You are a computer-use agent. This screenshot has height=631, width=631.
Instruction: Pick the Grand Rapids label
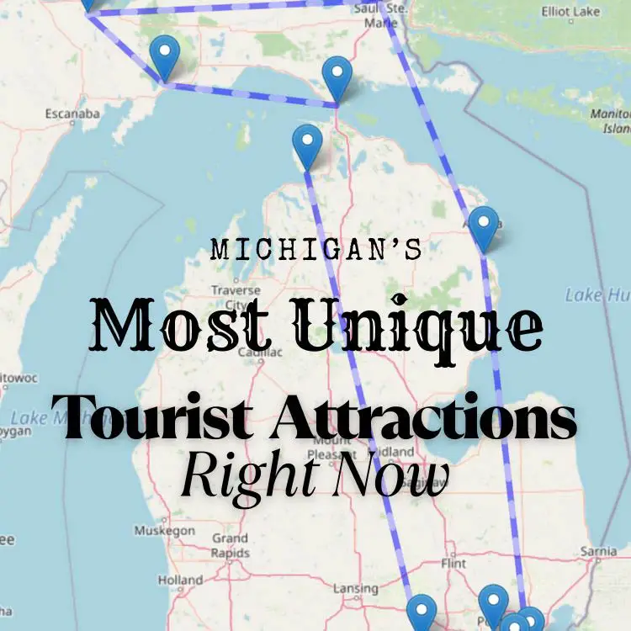point(230,545)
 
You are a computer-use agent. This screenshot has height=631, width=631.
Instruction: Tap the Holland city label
point(180,580)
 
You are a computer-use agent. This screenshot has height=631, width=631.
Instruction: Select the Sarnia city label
point(598,552)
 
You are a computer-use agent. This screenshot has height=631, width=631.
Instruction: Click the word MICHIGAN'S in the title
point(315,250)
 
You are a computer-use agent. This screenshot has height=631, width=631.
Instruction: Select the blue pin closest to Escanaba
point(165,56)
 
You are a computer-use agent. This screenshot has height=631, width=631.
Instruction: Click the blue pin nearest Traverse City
point(307,146)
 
